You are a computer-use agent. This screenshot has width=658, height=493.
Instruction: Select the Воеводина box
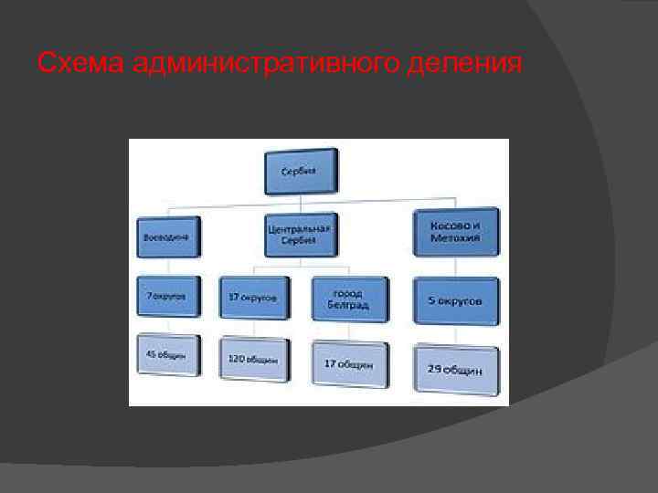point(170,237)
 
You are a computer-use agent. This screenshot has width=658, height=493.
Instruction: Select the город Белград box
point(346,299)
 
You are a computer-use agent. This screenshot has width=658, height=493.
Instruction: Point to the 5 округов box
point(456,300)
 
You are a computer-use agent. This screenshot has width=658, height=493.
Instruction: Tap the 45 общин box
point(169,354)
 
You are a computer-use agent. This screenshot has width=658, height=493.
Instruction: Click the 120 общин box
point(254,360)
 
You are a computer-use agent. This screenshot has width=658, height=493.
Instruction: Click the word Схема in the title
point(80,64)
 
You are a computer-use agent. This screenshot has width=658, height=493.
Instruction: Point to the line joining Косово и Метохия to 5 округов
point(456,267)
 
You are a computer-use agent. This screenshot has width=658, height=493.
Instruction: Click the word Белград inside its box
point(347,306)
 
